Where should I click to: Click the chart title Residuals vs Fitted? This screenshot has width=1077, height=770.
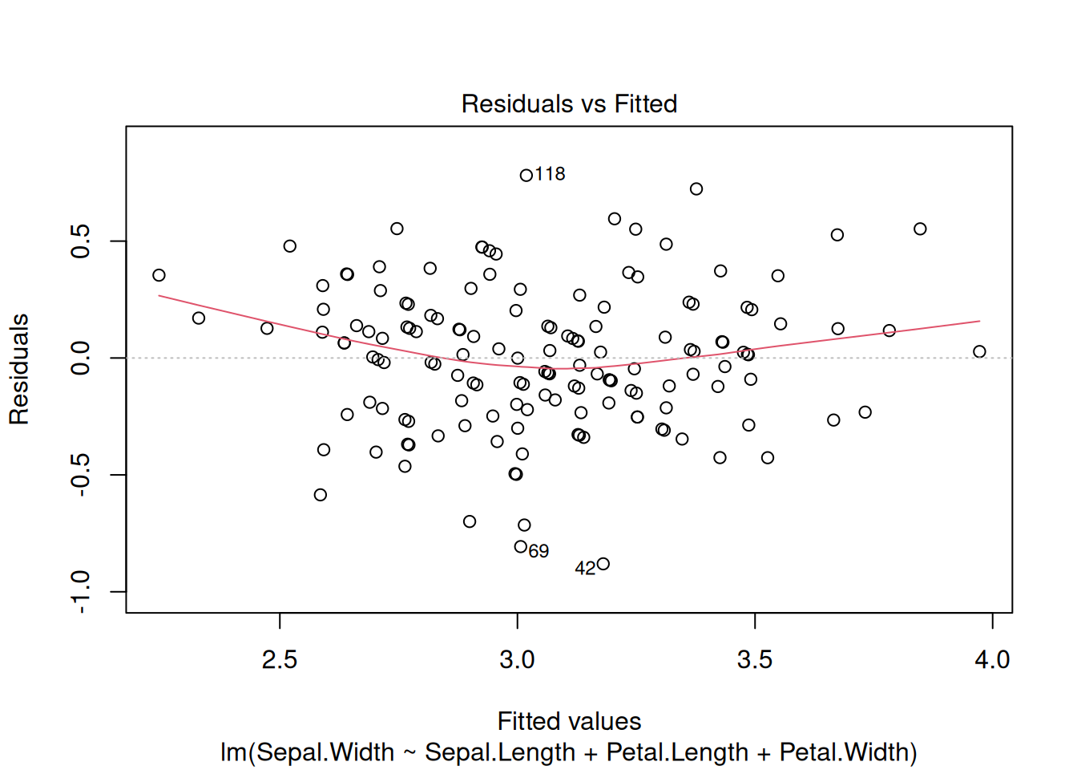click(x=569, y=104)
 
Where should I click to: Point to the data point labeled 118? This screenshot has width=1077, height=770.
click(x=526, y=176)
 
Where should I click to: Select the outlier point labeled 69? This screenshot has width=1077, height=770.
click(x=521, y=547)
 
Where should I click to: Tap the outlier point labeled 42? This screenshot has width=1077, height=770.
click(x=603, y=565)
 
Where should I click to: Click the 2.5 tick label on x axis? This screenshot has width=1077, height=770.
click(x=280, y=660)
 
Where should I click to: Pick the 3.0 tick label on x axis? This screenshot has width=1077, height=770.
click(x=517, y=660)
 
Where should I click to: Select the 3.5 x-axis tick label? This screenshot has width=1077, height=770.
click(x=755, y=660)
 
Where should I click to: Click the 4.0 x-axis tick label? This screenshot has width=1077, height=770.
click(x=992, y=660)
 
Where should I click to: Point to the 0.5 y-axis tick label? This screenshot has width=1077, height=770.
click(x=81, y=241)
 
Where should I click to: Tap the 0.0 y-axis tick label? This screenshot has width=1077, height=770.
click(x=81, y=358)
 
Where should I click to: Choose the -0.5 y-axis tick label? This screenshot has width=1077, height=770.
click(x=81, y=475)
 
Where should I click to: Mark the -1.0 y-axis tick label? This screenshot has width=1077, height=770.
click(x=81, y=592)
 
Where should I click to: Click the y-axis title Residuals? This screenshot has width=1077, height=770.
click(x=19, y=369)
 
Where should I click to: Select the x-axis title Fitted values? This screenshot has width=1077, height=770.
click(x=569, y=721)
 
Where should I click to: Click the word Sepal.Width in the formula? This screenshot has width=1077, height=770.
click(x=325, y=752)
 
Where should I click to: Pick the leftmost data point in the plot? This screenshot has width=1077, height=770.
click(x=159, y=275)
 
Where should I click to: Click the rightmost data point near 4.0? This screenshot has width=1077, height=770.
click(x=979, y=351)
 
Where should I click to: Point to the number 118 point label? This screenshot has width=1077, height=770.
click(x=550, y=174)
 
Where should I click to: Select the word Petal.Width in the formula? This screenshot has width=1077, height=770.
click(x=845, y=752)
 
